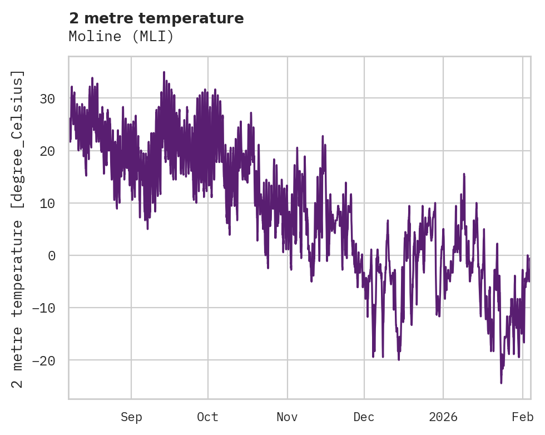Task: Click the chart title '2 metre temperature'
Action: pos(156,18)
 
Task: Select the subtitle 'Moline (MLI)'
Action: pos(121,36)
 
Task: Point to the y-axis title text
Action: pos(18,229)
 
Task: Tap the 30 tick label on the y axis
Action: pos(47,99)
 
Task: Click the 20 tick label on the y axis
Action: pos(47,151)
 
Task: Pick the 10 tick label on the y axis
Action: pos(47,204)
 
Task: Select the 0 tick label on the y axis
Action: pos(52,256)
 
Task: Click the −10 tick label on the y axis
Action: pos(44,308)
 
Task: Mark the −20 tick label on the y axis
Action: pos(44,360)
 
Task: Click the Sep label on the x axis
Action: pos(131,417)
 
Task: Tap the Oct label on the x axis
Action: pos(207,417)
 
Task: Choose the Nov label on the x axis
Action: pos(288,417)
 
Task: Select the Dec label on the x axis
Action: pos(364,417)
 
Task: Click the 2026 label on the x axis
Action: pos(443,417)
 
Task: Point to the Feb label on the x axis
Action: pos(523,417)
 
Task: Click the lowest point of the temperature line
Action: pos(501,383)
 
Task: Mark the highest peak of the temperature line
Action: pos(164,72)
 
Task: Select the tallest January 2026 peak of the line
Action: pos(464,174)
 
